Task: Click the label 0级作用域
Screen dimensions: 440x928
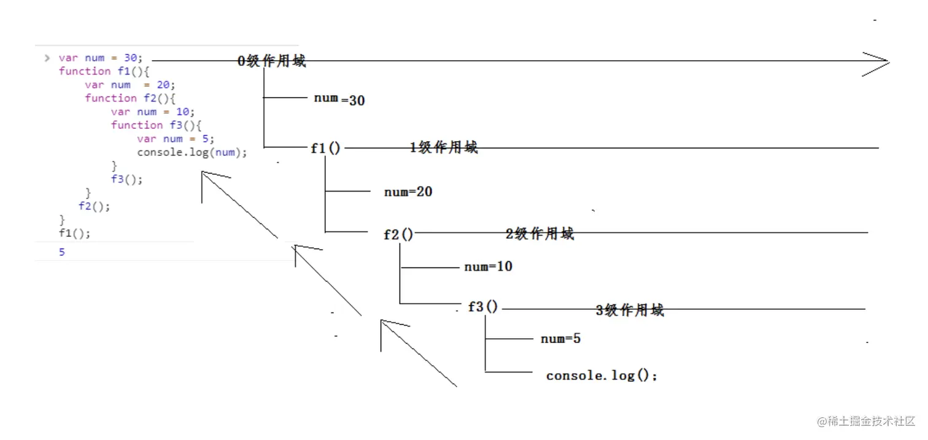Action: click(x=271, y=61)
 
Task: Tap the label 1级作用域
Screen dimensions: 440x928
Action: click(x=443, y=148)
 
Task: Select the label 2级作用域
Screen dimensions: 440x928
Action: click(x=539, y=234)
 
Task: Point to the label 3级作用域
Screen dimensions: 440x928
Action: click(x=630, y=311)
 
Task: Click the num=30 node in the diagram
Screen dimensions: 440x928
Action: click(x=339, y=99)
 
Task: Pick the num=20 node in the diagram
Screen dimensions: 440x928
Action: click(x=408, y=192)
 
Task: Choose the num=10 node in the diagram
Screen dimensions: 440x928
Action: click(x=488, y=267)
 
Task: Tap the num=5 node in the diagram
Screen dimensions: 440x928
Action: click(x=560, y=339)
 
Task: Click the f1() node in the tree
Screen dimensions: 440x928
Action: click(x=325, y=149)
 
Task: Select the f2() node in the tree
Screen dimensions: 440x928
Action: click(x=398, y=234)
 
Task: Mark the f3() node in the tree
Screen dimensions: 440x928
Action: click(x=483, y=307)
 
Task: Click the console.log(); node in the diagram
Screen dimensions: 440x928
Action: click(x=601, y=376)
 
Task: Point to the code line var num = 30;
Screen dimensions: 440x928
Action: click(x=100, y=58)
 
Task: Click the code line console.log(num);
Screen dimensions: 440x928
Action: click(x=192, y=152)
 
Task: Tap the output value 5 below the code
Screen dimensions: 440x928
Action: click(x=62, y=252)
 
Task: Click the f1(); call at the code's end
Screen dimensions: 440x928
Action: click(x=74, y=233)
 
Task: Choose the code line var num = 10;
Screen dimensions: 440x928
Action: click(x=152, y=112)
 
